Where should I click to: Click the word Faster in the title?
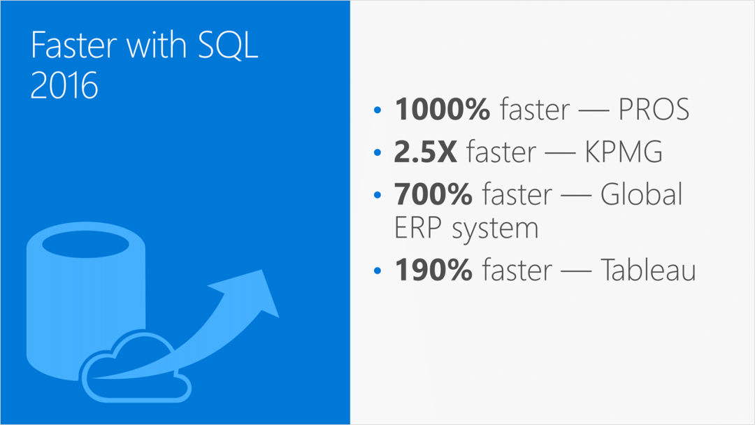click(73, 45)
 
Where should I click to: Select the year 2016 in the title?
click(64, 85)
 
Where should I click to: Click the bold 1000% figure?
click(442, 109)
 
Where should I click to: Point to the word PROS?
click(654, 109)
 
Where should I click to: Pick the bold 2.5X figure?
click(425, 152)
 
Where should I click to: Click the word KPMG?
click(624, 152)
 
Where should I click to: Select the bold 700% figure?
click(433, 194)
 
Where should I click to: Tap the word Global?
click(641, 194)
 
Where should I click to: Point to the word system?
click(495, 229)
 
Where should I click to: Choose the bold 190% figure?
click(433, 270)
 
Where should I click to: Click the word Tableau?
click(648, 269)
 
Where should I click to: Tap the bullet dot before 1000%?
click(377, 110)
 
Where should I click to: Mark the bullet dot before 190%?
click(377, 271)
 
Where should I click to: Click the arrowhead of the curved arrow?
click(250, 292)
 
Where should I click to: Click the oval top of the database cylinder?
click(86, 244)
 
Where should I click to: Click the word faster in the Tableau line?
click(517, 270)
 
